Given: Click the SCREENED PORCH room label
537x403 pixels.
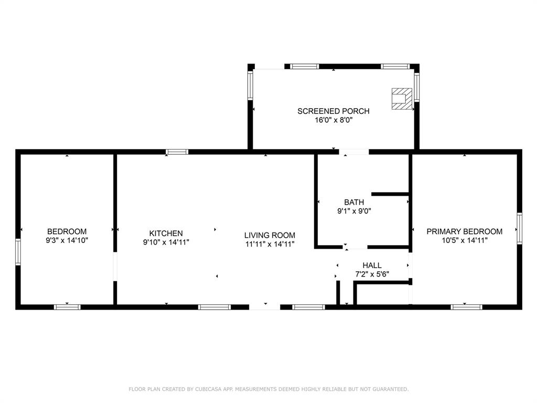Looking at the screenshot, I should [x=333, y=111].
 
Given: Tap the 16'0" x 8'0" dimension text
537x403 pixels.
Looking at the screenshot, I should [x=333, y=120].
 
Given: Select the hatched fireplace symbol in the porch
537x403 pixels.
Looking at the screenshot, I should [x=402, y=99].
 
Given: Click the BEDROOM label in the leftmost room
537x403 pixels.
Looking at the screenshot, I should [x=67, y=231].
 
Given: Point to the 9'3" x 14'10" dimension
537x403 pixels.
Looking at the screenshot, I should [x=67, y=240].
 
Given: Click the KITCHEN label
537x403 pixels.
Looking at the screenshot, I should [x=166, y=234].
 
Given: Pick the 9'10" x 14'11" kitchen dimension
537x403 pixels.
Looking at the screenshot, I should [x=166, y=242].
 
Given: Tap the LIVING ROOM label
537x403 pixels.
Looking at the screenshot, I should [x=270, y=236].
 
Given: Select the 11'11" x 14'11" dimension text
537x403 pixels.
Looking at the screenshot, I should [x=270, y=244].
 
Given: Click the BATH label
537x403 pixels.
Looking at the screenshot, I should [x=354, y=202].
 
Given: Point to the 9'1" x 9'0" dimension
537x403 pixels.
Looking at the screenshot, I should [x=354, y=211].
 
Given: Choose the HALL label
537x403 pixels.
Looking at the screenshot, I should [x=372, y=266].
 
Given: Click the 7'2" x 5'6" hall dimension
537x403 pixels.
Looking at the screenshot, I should [x=372, y=274].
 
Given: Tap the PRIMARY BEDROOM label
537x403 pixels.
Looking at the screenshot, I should [x=464, y=231].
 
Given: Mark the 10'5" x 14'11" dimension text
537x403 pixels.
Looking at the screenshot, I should [x=464, y=240].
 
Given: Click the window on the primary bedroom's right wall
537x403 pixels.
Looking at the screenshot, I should [x=519, y=228].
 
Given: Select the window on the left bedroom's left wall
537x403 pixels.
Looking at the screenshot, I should [x=18, y=252].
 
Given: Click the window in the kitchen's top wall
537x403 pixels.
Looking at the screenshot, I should [x=177, y=152].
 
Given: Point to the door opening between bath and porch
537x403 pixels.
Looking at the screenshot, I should [x=354, y=152].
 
